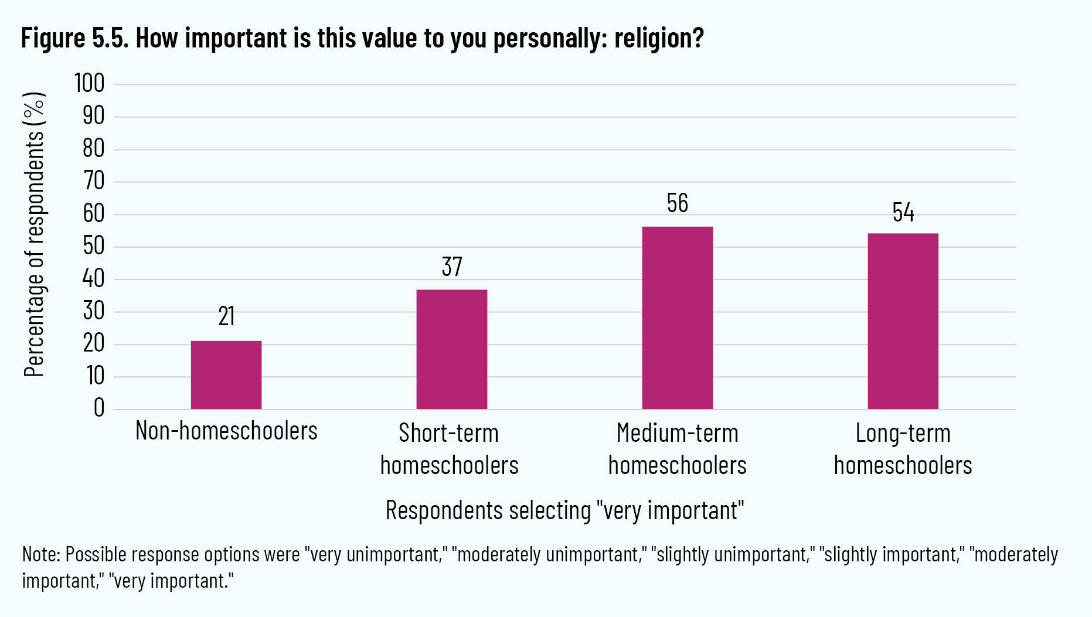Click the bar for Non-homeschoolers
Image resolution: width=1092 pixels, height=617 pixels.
[x=226, y=375]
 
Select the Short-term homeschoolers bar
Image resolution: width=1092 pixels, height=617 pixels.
[x=451, y=349]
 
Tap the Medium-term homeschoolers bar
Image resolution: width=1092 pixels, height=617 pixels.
[x=677, y=318]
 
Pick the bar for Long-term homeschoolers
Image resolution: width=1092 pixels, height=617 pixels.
[x=903, y=321]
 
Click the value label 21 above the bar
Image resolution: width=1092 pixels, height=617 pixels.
[x=226, y=316]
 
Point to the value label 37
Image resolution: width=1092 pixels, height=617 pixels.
[x=452, y=267]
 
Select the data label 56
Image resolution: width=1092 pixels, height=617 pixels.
[x=677, y=203]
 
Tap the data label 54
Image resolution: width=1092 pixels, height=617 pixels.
[x=903, y=213]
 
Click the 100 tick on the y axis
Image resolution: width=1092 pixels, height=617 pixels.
[x=89, y=84]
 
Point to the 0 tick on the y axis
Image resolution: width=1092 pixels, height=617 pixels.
[x=98, y=408]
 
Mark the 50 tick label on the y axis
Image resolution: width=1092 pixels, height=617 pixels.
[x=93, y=246]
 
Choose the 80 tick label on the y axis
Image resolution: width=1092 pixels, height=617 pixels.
[x=93, y=149]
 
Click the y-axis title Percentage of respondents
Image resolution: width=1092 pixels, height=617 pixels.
[x=34, y=234]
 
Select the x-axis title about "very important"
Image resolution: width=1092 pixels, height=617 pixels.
[x=564, y=510]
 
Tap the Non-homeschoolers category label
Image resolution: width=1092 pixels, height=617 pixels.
[x=226, y=431]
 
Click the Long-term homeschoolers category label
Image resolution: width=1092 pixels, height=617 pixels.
[x=903, y=449]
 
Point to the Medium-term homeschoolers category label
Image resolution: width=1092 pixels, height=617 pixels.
[x=677, y=449]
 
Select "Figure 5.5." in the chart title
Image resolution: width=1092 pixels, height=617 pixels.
[x=75, y=39]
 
